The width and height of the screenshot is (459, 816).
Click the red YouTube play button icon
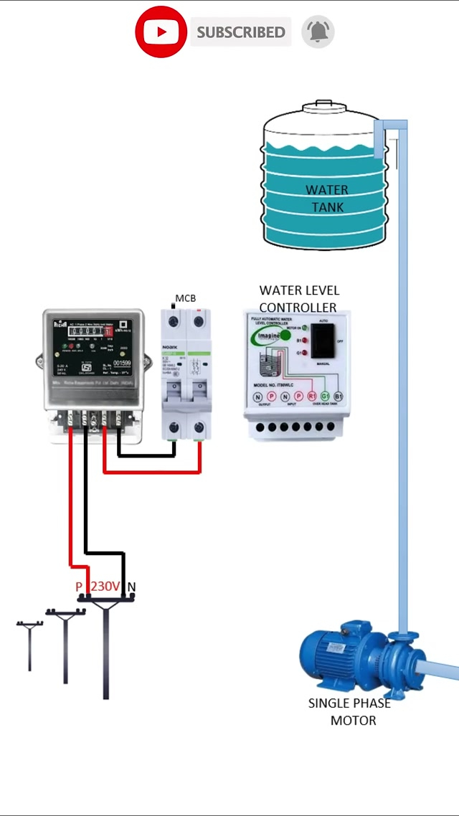click(x=161, y=32)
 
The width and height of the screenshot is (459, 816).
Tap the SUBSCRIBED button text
click(x=241, y=32)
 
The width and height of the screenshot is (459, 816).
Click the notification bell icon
click(x=318, y=32)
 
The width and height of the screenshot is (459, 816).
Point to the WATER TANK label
click(x=327, y=199)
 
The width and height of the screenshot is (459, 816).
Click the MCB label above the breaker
click(x=185, y=298)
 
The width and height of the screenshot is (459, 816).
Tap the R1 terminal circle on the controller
click(x=312, y=396)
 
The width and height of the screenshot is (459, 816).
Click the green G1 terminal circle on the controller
click(x=325, y=396)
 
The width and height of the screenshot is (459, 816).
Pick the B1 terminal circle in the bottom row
click(x=339, y=396)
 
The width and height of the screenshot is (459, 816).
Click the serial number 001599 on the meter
click(x=123, y=364)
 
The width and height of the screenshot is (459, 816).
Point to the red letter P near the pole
click(x=79, y=587)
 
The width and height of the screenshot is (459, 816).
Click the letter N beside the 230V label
click(x=131, y=587)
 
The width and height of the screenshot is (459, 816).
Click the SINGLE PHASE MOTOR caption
click(x=349, y=711)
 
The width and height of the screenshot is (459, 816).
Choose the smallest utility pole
click(x=29, y=645)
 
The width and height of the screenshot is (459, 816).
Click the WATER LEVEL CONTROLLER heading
click(x=299, y=298)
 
